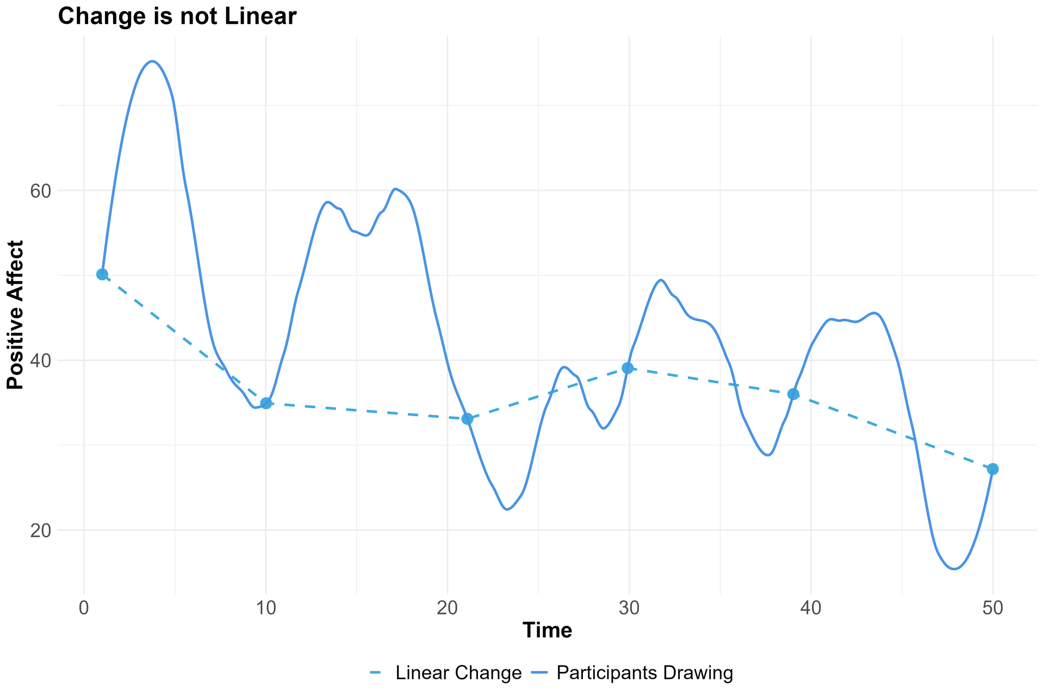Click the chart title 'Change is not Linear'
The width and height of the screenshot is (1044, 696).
(x=177, y=17)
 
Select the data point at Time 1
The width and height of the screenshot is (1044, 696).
(x=102, y=274)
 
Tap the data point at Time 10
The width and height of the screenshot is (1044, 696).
(x=266, y=403)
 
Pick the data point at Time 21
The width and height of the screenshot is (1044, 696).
(x=467, y=419)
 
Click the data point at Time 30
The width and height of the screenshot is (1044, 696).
(x=627, y=368)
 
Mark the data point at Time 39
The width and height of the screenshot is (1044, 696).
(x=793, y=394)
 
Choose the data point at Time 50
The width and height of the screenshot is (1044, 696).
(x=993, y=469)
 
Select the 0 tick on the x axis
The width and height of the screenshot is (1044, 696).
(x=84, y=608)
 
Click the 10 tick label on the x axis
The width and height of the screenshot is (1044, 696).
(x=266, y=608)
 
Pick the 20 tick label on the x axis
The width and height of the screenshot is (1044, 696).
(x=448, y=608)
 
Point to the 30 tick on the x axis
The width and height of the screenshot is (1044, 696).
(x=629, y=608)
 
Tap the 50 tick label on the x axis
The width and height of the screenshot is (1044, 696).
(x=993, y=608)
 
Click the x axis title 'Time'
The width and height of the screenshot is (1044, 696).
(x=547, y=630)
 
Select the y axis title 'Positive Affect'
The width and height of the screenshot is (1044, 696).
(x=16, y=315)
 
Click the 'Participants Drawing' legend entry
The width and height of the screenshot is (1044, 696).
(x=645, y=673)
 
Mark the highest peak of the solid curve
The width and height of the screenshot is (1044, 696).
(x=153, y=61)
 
